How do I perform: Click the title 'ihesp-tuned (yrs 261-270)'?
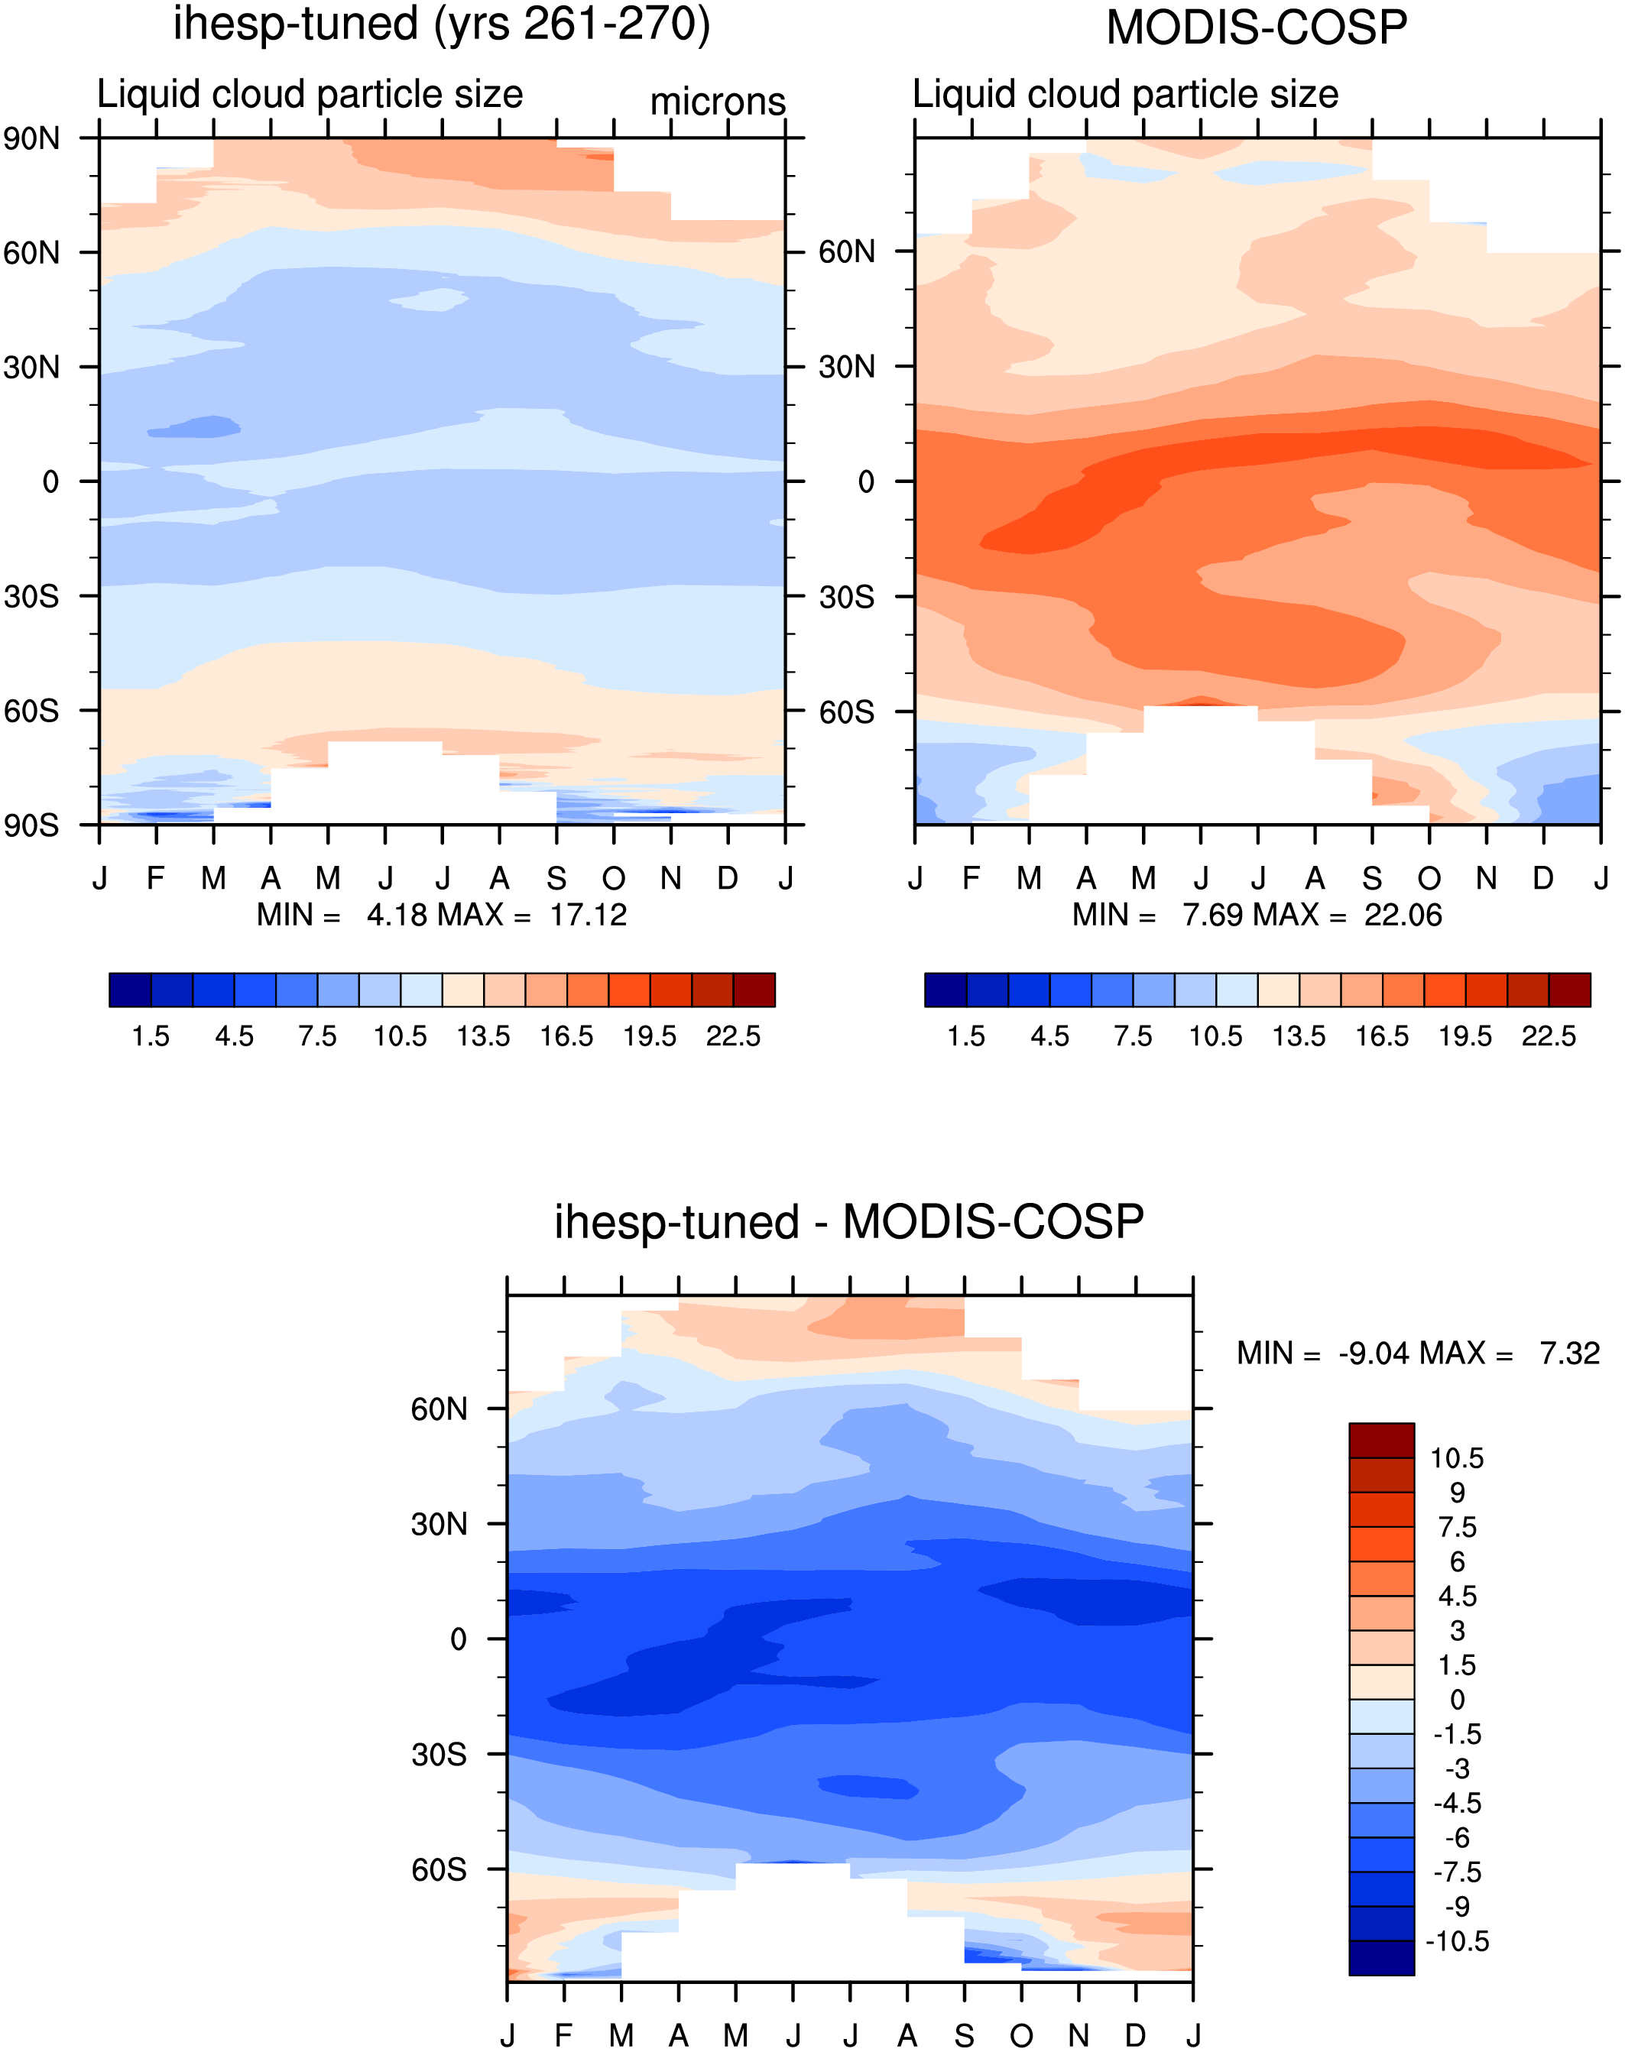[x=442, y=24]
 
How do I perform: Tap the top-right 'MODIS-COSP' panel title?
[x=1257, y=28]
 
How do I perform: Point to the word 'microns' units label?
[x=718, y=101]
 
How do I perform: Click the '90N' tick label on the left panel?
[x=31, y=139]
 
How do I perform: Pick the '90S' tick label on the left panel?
[x=31, y=825]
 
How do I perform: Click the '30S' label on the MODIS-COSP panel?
[x=847, y=596]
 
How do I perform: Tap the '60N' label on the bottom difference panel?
[x=439, y=1409]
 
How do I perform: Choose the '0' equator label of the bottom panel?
[x=459, y=1639]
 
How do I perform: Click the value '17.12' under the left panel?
[x=588, y=915]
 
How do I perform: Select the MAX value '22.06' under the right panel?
[x=1403, y=915]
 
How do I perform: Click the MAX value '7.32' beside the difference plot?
[x=1570, y=1353]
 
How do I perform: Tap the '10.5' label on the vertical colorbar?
[x=1457, y=1458]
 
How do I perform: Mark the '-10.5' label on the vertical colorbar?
[x=1457, y=1942]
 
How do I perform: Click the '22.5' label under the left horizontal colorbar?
[x=732, y=1036]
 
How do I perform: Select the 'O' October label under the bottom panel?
[x=1021, y=2036]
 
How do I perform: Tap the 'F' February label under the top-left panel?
[x=156, y=877]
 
